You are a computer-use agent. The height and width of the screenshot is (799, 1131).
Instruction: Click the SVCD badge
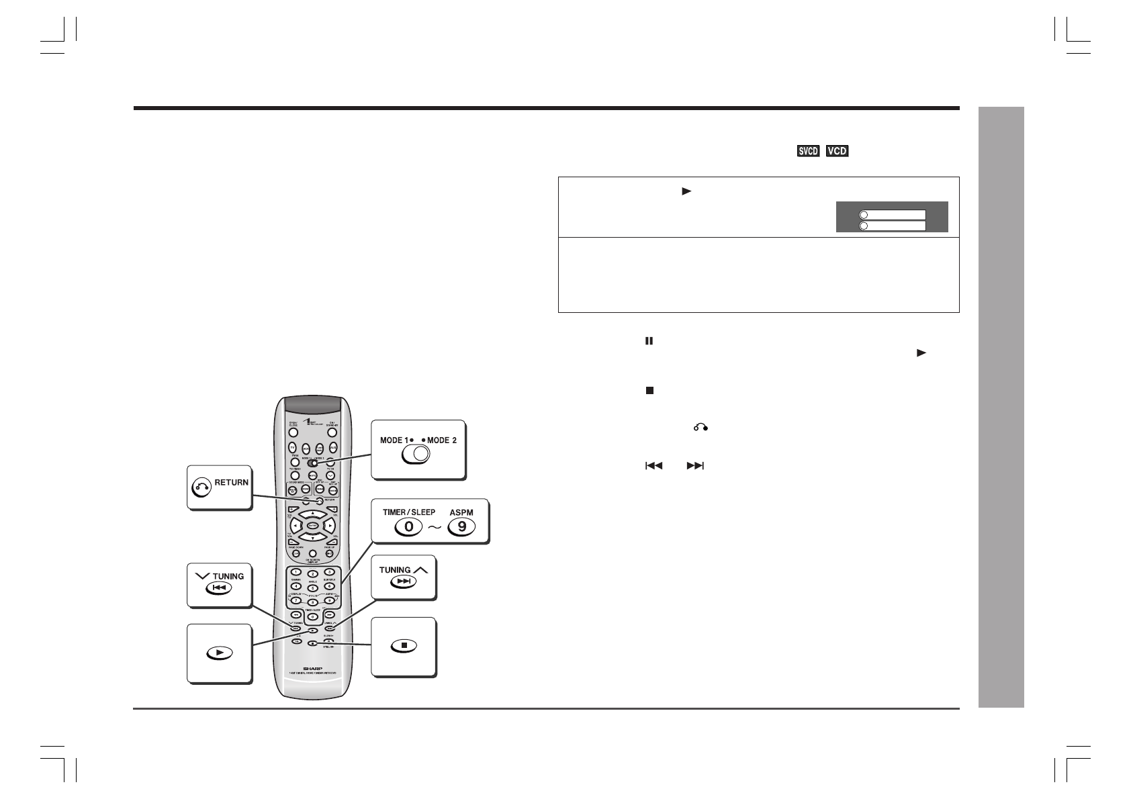(x=808, y=151)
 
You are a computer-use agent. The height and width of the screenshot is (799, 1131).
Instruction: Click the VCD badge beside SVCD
(x=837, y=151)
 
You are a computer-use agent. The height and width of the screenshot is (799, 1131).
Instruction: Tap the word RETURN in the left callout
(x=232, y=482)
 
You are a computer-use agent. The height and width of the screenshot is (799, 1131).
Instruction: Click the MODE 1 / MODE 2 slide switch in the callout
(x=416, y=455)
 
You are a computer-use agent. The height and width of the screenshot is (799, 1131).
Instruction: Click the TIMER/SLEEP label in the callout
(x=409, y=512)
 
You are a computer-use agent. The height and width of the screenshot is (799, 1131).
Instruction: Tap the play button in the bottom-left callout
(x=220, y=652)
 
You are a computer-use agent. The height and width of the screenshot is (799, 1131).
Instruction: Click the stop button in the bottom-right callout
(x=403, y=646)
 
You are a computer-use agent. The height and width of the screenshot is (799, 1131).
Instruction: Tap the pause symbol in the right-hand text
(x=649, y=341)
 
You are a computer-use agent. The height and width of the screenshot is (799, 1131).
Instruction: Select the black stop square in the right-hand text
(x=649, y=389)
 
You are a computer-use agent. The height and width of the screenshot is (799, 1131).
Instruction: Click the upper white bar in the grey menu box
(x=892, y=215)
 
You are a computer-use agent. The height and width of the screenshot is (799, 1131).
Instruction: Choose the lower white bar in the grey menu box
(x=892, y=226)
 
